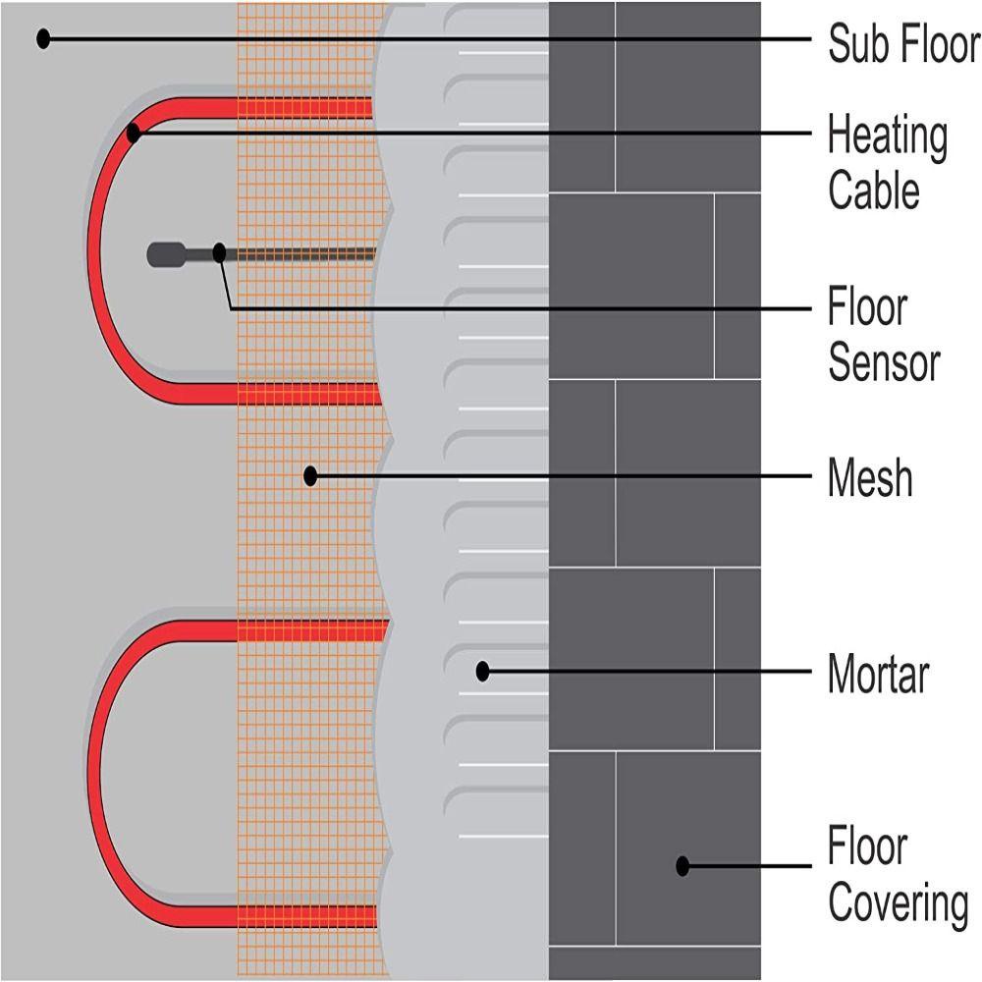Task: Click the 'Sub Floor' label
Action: click(903, 44)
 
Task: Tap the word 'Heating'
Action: click(887, 136)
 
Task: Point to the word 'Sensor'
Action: click(884, 362)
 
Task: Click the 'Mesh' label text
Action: click(870, 478)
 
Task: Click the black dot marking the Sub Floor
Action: click(42, 39)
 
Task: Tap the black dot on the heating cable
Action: click(134, 132)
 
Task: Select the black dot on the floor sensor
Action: click(219, 253)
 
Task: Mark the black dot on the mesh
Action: click(310, 476)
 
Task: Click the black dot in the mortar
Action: click(482, 672)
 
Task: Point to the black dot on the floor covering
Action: click(682, 866)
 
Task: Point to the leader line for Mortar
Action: click(648, 672)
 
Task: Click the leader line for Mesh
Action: click(560, 476)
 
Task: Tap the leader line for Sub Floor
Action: click(422, 39)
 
